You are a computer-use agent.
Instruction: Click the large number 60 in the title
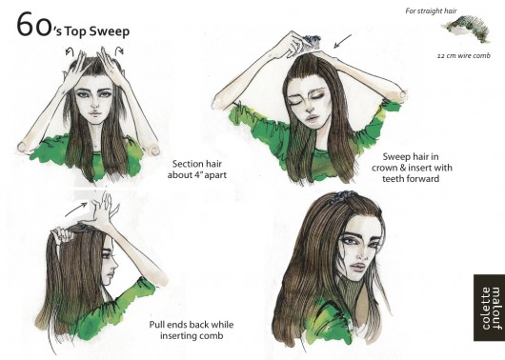coord(33,25)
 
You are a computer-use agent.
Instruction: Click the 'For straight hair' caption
coord(431,10)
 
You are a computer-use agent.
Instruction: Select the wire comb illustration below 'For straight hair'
coord(468,29)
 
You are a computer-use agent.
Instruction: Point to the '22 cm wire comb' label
coord(463,55)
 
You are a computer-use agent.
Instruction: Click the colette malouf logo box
coord(489,308)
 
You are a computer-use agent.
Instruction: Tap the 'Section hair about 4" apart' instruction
coord(197,170)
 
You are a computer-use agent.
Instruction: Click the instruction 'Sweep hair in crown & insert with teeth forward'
coord(412,168)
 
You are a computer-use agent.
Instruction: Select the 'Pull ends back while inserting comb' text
coord(192,330)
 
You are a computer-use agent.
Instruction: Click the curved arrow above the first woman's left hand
coord(70,51)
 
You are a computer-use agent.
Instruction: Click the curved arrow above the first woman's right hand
coord(119,50)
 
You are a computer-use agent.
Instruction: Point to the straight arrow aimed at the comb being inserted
coord(342,42)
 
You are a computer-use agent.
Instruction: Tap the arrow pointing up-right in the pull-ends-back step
coord(76,210)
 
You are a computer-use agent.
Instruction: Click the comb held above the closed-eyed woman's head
coord(311,41)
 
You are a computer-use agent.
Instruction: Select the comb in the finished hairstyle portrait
coord(345,195)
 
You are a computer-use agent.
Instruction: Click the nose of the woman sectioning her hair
coord(94,104)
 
